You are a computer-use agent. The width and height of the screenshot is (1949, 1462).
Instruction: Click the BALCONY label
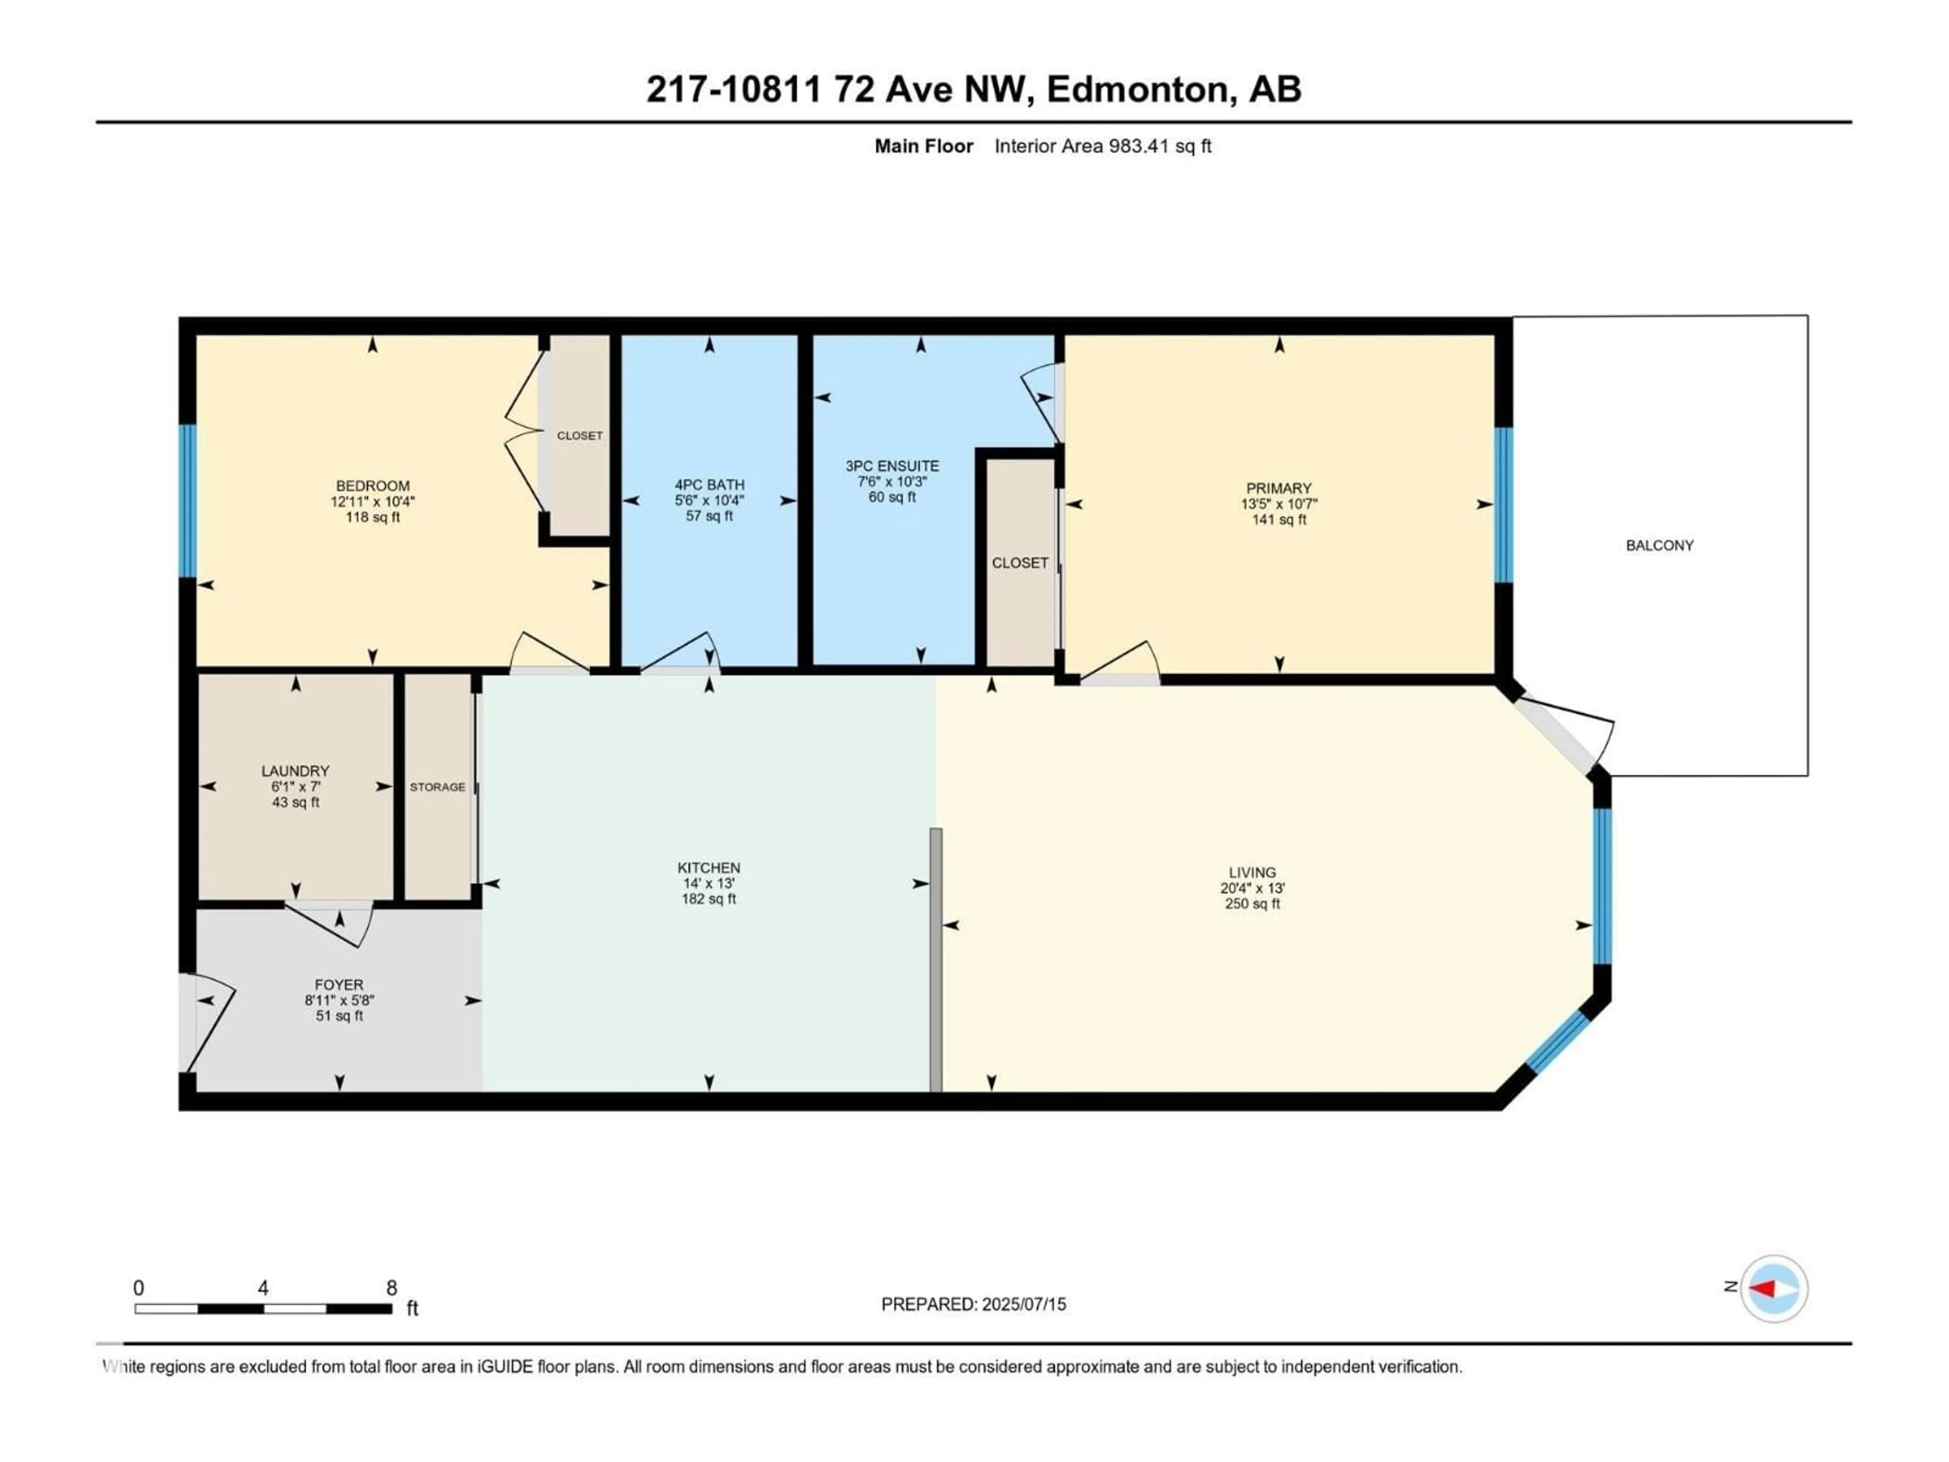(x=1659, y=546)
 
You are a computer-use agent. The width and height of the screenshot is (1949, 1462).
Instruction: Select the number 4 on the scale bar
(x=262, y=1287)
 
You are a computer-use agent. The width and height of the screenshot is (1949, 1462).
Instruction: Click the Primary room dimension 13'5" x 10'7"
(x=1279, y=504)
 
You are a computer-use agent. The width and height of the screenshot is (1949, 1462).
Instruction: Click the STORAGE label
(x=437, y=787)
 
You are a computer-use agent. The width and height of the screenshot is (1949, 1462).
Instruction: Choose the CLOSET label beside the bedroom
(x=580, y=436)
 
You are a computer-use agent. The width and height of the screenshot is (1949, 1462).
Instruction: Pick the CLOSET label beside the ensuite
(x=1020, y=562)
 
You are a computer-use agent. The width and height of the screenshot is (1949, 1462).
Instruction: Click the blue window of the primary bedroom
(x=1503, y=505)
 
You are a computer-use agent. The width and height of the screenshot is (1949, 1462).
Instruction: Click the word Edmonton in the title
(x=1136, y=89)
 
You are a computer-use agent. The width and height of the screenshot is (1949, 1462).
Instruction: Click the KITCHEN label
(x=709, y=868)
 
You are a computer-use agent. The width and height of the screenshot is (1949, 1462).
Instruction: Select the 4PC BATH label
(x=709, y=485)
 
